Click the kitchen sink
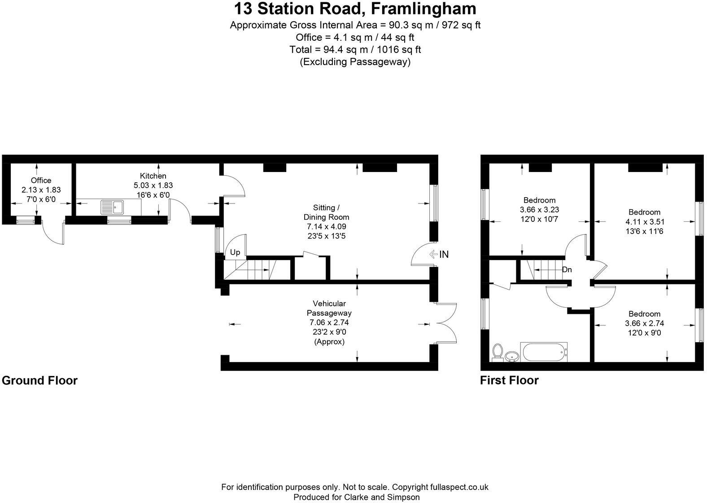pyautogui.click(x=112, y=207)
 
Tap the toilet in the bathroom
pyautogui.click(x=498, y=352)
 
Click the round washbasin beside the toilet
pyautogui.click(x=511, y=357)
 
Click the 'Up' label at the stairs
pyautogui.click(x=235, y=252)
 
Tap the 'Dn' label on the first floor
pyautogui.click(x=567, y=269)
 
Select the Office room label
pyautogui.click(x=41, y=181)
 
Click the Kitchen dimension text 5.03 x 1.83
pyautogui.click(x=153, y=185)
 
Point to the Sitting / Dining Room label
pyautogui.click(x=326, y=212)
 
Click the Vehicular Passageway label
pyautogui.click(x=329, y=308)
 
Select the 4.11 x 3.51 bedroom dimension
pyautogui.click(x=645, y=222)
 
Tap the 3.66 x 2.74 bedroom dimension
pyautogui.click(x=645, y=323)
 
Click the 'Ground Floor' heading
pyautogui.click(x=40, y=380)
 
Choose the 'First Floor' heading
pyautogui.click(x=510, y=380)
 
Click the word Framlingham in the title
pyautogui.click(x=423, y=9)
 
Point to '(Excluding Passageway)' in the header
pyautogui.click(x=355, y=62)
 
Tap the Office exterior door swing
pyautogui.click(x=52, y=233)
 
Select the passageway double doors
pyautogui.click(x=446, y=323)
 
